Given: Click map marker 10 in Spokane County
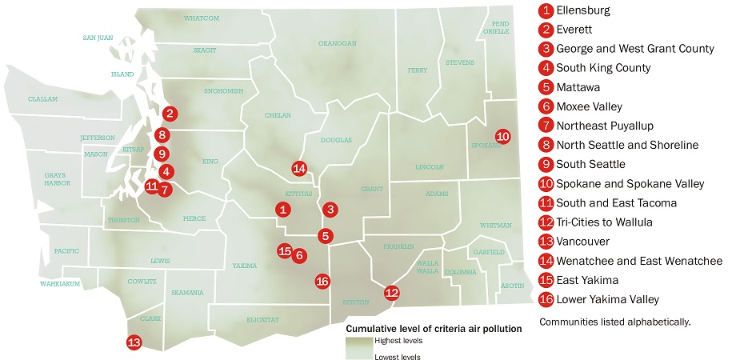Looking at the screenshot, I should (x=502, y=136).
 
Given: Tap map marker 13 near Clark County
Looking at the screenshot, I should (x=134, y=342).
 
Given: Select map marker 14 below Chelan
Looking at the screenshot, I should (x=299, y=168).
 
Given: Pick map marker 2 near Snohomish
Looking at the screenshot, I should (x=170, y=114).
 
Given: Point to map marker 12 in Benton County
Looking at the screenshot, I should (x=391, y=293).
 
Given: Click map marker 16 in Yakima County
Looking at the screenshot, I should (x=322, y=281).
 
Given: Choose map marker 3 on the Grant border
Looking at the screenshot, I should (x=329, y=209).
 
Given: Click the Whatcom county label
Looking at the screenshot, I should (x=201, y=18).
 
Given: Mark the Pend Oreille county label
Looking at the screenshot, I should (x=500, y=28).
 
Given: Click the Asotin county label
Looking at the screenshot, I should (x=511, y=285).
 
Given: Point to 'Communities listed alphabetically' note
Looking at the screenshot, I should (x=614, y=322).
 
